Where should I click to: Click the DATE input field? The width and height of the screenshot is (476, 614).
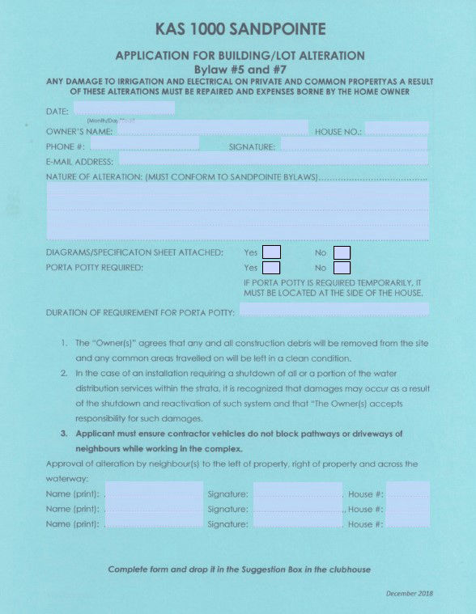point(124,108)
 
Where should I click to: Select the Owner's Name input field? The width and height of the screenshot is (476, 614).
point(212,128)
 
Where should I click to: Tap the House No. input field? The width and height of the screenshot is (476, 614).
point(396,129)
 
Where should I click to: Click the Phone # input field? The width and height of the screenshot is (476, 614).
point(144,144)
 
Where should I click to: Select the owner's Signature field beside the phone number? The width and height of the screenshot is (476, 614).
point(353,145)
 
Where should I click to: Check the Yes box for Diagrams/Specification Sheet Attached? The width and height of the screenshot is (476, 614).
point(272,252)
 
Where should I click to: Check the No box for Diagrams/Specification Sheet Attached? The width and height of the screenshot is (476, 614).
point(342,252)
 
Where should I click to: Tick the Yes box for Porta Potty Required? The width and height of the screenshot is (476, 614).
point(272,267)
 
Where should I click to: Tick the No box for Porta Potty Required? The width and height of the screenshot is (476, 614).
point(342,267)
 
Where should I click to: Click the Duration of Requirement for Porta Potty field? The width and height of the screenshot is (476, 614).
point(333,310)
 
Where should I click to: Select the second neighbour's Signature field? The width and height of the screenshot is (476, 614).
point(297,508)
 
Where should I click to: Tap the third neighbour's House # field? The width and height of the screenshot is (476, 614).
point(407,523)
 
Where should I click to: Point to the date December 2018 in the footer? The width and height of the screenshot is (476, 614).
point(409,593)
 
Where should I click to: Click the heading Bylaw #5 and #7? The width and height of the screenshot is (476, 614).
point(240,70)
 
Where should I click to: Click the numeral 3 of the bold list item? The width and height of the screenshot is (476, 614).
point(64,434)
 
